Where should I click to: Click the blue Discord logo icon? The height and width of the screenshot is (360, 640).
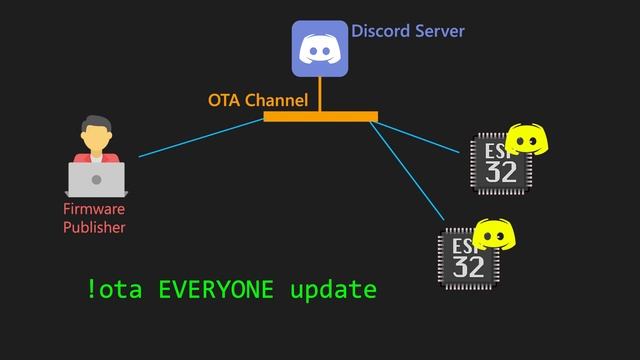(x=320, y=48)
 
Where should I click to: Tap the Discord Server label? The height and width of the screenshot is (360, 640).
(x=407, y=31)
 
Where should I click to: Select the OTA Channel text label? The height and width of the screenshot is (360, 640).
(x=257, y=100)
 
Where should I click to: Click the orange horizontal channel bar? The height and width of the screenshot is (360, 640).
(x=320, y=117)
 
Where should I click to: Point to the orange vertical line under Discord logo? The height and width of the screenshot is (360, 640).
(x=320, y=94)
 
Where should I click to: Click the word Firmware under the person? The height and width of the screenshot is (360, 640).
(x=94, y=210)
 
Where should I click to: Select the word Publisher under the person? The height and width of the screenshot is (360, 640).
(x=94, y=227)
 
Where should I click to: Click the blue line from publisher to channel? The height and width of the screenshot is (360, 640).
(x=200, y=138)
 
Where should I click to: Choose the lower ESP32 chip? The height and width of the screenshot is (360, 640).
(x=467, y=259)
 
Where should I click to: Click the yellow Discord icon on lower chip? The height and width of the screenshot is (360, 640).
(x=493, y=234)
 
